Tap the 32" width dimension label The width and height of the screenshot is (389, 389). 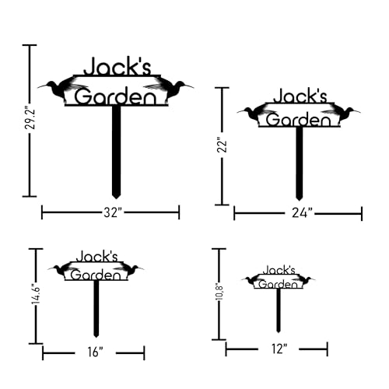[x=113, y=212]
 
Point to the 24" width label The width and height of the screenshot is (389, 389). [x=302, y=213]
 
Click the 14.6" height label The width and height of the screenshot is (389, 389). [x=36, y=296]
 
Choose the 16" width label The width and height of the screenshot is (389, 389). [x=95, y=352]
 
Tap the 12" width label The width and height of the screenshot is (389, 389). [x=279, y=349]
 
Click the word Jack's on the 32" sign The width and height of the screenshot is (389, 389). [x=117, y=66]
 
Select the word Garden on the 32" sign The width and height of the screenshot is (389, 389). [x=116, y=96]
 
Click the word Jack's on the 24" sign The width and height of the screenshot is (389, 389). [x=300, y=96]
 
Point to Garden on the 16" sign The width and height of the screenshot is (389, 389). [x=96, y=275]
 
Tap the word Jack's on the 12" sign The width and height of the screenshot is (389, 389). [x=279, y=270]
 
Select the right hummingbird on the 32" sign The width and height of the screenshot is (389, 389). [x=169, y=88]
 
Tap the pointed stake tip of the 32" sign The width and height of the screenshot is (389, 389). [x=116, y=198]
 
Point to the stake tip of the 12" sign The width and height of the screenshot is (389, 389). [x=279, y=332]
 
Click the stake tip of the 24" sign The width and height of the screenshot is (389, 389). [x=299, y=200]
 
